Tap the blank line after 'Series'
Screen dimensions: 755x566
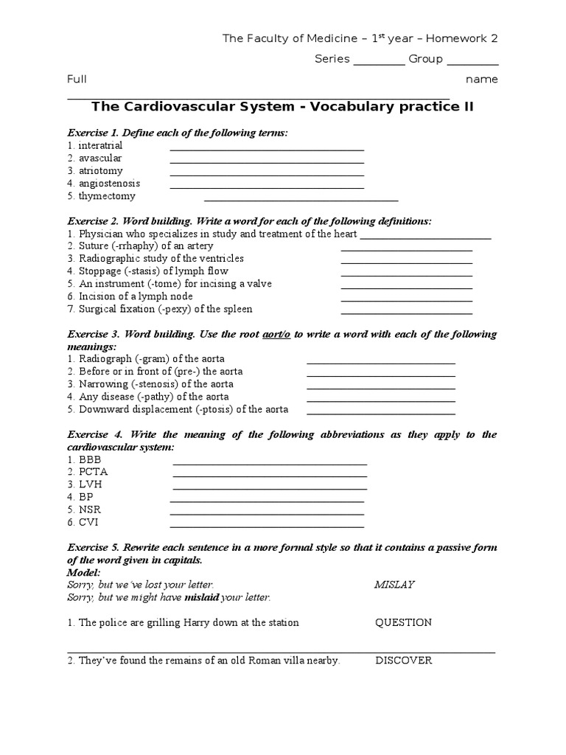click(379, 64)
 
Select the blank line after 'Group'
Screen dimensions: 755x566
click(472, 64)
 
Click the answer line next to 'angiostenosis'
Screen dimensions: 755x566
click(267, 187)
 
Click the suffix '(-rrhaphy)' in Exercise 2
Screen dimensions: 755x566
click(135, 246)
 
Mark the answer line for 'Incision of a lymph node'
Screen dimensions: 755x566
click(406, 300)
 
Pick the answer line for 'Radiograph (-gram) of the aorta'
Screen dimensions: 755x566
click(380, 363)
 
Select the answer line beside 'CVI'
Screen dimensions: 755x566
click(267, 526)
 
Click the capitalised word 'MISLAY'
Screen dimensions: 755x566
click(395, 585)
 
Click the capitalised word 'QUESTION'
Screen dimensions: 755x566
click(403, 623)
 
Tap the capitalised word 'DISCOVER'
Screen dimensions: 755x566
click(403, 661)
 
